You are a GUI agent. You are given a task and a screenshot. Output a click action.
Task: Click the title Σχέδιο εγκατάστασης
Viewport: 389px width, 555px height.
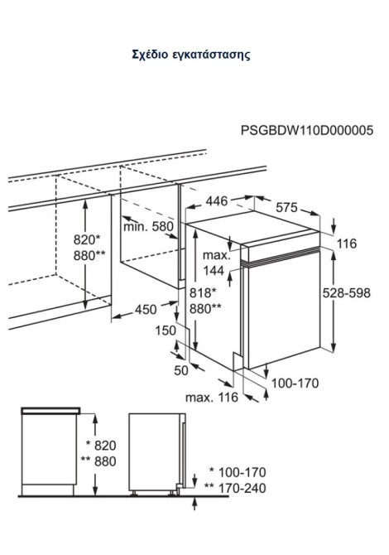tap(191, 55)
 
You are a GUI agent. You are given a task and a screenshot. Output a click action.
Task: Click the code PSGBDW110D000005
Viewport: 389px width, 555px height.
tap(306, 130)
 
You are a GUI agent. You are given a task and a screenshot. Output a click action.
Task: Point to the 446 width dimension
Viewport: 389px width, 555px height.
tap(217, 201)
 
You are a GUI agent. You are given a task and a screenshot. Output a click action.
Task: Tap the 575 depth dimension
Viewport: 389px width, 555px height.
tap(286, 207)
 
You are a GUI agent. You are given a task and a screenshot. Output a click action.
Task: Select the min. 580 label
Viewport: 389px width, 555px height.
tap(148, 226)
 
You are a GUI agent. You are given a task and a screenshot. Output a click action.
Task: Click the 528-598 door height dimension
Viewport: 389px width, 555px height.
tap(347, 293)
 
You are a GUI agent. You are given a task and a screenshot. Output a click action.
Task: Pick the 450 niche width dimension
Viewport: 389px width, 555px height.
tap(146, 309)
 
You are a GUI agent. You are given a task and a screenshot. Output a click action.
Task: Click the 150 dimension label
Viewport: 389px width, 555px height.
tap(166, 331)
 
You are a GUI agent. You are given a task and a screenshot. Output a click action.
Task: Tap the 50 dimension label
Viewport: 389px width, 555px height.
tap(181, 370)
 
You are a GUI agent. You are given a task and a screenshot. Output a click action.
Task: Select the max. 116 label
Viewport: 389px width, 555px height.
tap(212, 398)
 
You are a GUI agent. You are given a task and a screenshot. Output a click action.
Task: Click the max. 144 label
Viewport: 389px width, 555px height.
tap(216, 263)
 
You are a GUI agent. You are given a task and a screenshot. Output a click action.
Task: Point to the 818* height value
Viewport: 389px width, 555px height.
tap(202, 293)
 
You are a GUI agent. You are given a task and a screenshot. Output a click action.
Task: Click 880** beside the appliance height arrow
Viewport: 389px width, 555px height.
tap(205, 309)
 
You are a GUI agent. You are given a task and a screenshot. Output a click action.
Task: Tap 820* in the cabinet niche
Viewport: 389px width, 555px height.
tap(87, 239)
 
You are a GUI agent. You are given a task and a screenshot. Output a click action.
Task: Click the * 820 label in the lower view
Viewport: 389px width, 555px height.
tap(101, 446)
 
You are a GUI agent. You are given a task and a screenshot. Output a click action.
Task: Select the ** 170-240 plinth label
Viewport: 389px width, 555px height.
tap(235, 489)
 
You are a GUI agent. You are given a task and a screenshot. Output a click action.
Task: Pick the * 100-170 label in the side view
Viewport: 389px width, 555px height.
tap(238, 472)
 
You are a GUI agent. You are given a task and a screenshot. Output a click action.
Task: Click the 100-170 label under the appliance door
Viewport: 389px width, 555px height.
tap(295, 383)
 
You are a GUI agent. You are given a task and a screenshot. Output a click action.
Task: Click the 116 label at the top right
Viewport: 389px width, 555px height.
tap(347, 244)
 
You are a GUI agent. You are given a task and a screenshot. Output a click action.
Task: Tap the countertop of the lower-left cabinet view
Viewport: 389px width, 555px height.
tap(50, 411)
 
